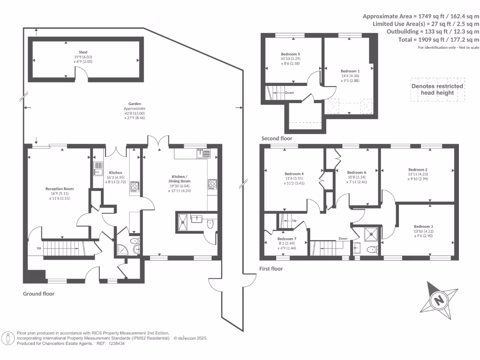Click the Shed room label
coord(83,52)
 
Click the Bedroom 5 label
coord(290,54)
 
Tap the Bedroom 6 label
coord(356,172)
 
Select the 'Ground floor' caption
coord(39,294)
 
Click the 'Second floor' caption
coord(277,138)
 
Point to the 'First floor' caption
coord(271,269)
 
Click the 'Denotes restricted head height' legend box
coord(437,89)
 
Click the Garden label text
coord(135,104)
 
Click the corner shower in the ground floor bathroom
coord(123,250)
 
